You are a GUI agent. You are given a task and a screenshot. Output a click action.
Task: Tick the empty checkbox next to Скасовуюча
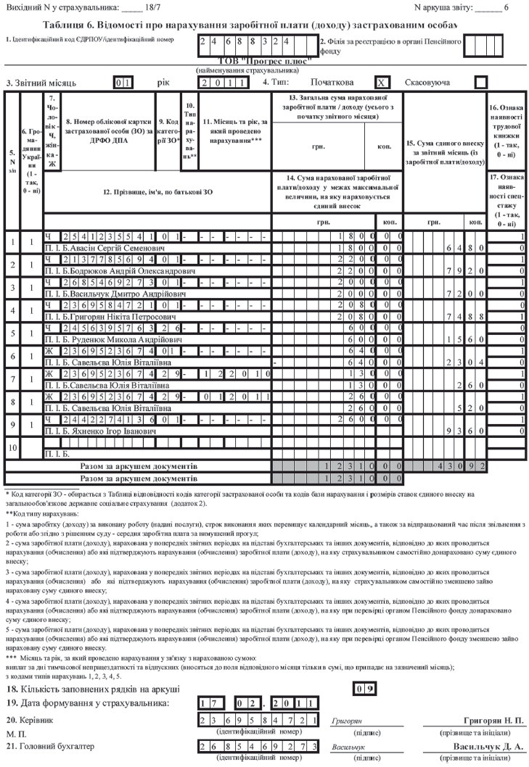(x=480, y=83)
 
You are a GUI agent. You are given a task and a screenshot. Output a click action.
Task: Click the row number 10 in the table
(x=12, y=448)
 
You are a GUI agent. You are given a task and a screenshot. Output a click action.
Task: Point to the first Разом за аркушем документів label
(x=138, y=467)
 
